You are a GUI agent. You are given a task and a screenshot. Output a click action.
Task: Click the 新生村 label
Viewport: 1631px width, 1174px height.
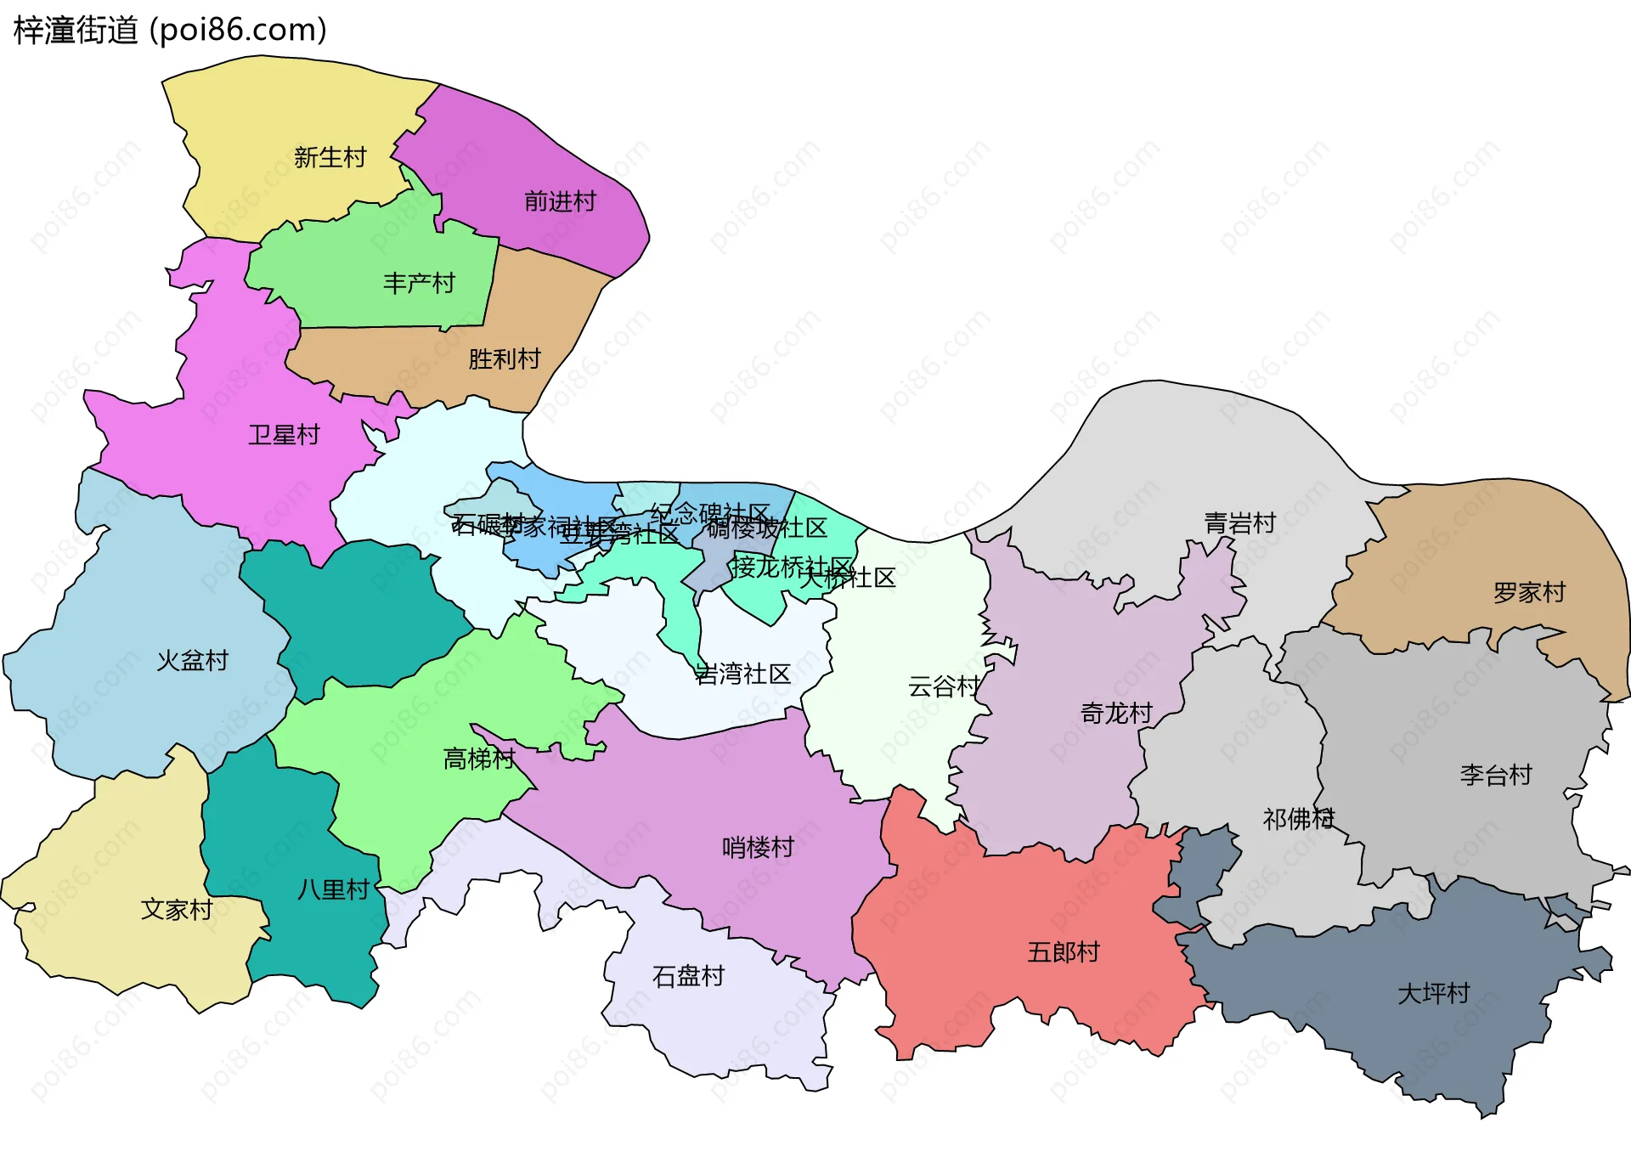tap(330, 157)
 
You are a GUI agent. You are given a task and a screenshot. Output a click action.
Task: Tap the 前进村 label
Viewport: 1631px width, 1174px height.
tap(560, 201)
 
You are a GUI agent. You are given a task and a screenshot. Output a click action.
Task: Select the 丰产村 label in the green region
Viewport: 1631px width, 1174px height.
tap(419, 283)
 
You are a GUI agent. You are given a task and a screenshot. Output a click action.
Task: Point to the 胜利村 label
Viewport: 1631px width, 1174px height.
tap(505, 359)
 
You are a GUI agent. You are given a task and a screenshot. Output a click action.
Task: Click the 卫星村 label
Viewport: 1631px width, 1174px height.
tap(284, 435)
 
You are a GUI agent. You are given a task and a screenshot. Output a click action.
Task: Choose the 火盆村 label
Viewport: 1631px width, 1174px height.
tap(193, 661)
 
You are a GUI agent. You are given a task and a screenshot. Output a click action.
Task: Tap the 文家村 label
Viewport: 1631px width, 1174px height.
tap(177, 910)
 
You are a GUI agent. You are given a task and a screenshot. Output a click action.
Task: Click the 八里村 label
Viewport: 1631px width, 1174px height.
tap(333, 889)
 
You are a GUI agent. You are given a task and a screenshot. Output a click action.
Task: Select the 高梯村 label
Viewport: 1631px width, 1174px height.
tap(479, 759)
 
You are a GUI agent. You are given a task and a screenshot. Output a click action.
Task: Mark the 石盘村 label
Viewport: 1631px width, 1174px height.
tap(688, 976)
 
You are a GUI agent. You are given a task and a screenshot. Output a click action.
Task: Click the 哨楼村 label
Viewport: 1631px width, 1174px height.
tap(758, 847)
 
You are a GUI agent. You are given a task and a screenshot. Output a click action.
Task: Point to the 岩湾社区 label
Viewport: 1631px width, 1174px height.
tap(742, 674)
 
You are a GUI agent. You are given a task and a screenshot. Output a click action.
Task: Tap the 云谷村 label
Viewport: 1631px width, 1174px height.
tap(944, 686)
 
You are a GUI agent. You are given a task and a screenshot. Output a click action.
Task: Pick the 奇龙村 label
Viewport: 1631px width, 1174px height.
tap(1116, 714)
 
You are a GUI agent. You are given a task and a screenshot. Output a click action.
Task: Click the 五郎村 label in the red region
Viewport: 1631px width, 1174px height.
tap(1064, 952)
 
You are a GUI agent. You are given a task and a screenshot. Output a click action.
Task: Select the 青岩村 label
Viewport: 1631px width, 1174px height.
tap(1240, 523)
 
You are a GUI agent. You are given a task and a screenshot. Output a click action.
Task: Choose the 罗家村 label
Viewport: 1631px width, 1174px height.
tap(1529, 592)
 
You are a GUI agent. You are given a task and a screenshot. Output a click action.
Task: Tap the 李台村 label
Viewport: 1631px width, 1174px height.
tap(1496, 775)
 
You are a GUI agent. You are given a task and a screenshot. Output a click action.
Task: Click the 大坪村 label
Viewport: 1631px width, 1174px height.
tap(1434, 993)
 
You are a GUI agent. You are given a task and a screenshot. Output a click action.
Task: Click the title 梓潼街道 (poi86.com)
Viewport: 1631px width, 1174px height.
tap(170, 31)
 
